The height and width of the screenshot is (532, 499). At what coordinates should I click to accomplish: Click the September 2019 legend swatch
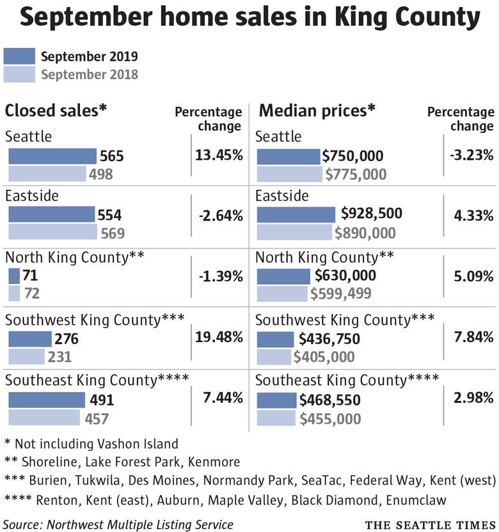click(x=19, y=56)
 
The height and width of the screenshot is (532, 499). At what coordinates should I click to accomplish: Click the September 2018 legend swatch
click(x=19, y=74)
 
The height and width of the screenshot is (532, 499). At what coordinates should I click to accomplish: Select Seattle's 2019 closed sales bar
click(x=52, y=157)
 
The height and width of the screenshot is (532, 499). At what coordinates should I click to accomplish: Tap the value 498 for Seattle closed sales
click(x=101, y=174)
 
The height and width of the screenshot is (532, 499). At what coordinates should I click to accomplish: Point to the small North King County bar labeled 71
click(x=14, y=276)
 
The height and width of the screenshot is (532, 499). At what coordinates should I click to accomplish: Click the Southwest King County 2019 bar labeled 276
click(x=30, y=339)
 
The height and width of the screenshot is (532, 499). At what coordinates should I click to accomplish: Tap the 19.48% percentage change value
click(x=219, y=336)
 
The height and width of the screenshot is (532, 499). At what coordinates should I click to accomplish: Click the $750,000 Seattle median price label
click(x=353, y=157)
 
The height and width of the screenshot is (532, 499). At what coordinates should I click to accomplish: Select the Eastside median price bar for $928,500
click(x=296, y=215)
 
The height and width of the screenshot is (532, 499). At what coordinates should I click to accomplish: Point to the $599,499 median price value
click(x=340, y=294)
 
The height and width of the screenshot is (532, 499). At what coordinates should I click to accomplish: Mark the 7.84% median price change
click(x=473, y=336)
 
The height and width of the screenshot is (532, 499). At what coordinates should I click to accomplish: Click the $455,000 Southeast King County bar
click(x=277, y=419)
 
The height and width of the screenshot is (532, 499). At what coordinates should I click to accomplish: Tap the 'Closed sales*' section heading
click(x=56, y=111)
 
